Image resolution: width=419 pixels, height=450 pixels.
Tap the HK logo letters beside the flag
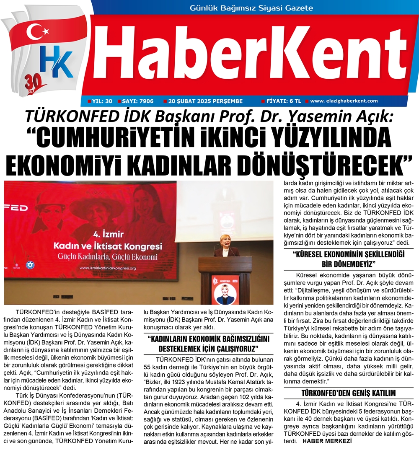[x=56, y=62]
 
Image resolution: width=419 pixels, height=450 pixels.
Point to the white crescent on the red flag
[x=34, y=31]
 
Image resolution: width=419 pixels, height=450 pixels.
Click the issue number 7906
[x=145, y=101]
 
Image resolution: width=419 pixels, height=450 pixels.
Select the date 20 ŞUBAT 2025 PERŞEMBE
[x=205, y=101]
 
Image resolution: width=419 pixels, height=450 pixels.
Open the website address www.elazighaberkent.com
[x=344, y=101]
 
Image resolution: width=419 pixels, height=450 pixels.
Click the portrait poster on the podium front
[x=225, y=289]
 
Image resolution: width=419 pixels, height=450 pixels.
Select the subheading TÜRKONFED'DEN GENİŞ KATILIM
[x=349, y=393]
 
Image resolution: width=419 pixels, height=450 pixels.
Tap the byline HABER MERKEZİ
[x=327, y=441]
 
